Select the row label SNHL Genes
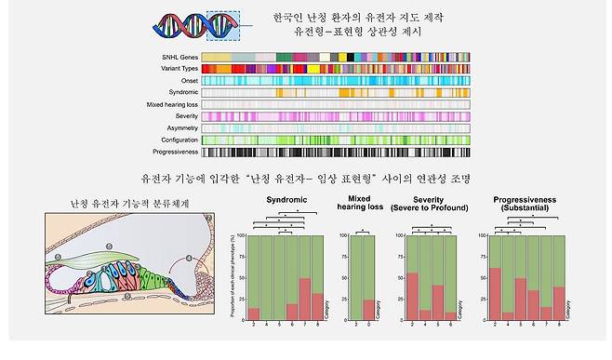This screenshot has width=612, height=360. [177, 58]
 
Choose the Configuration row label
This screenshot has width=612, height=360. [174, 140]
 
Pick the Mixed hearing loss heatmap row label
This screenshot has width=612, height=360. [168, 104]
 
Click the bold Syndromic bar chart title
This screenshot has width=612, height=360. [286, 200]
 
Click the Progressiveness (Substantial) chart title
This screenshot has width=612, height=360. [526, 204]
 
